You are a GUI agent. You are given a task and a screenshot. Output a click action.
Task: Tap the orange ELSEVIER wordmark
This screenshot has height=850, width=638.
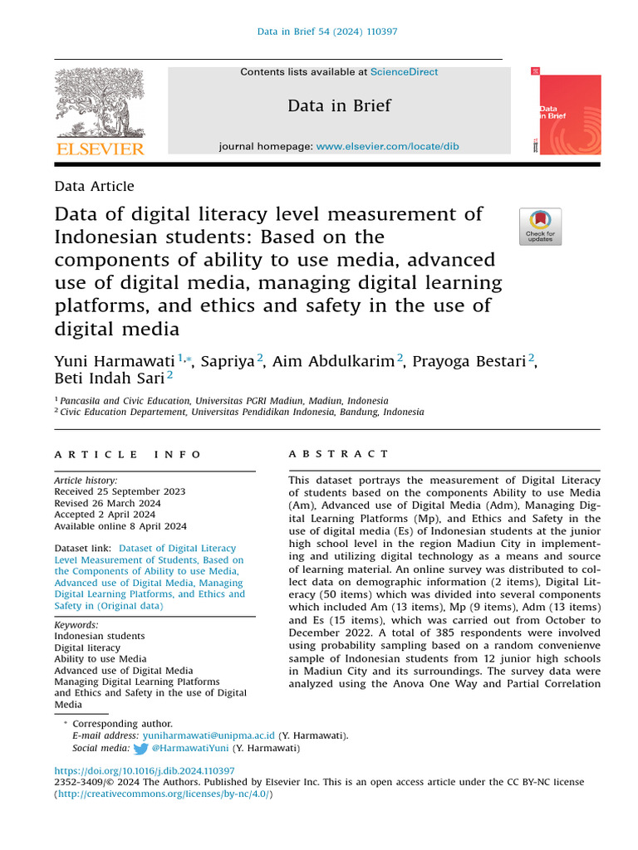(100, 149)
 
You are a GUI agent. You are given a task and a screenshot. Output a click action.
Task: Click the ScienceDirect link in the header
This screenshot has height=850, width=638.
(404, 72)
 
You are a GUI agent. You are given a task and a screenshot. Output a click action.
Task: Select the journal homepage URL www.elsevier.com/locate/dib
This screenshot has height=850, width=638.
(387, 146)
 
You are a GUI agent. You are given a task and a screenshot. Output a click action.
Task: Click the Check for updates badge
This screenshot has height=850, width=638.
(540, 227)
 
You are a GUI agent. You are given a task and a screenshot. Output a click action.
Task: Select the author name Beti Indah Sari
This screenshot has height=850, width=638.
(110, 378)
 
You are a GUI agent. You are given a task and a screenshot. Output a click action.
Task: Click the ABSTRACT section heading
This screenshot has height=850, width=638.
(338, 454)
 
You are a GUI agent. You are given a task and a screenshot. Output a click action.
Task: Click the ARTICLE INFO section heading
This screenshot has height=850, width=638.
(128, 454)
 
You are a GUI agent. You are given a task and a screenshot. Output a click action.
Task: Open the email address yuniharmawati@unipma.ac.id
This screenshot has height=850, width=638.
(209, 735)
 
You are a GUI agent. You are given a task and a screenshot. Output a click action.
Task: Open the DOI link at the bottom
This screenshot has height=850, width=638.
(145, 770)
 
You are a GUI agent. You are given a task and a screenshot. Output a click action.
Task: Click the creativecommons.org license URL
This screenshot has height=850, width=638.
(164, 794)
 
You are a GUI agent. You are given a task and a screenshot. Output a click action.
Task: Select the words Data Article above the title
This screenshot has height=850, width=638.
(94, 187)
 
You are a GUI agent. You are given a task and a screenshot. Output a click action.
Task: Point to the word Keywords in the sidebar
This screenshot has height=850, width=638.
(76, 625)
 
